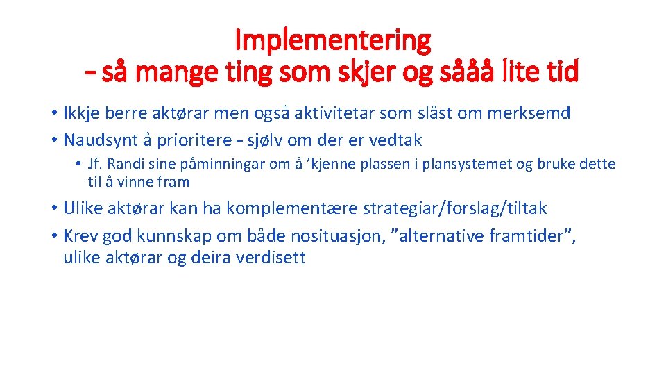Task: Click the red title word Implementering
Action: click(x=333, y=40)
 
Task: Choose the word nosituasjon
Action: click(x=326, y=236)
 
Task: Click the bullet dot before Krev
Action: click(x=53, y=237)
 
